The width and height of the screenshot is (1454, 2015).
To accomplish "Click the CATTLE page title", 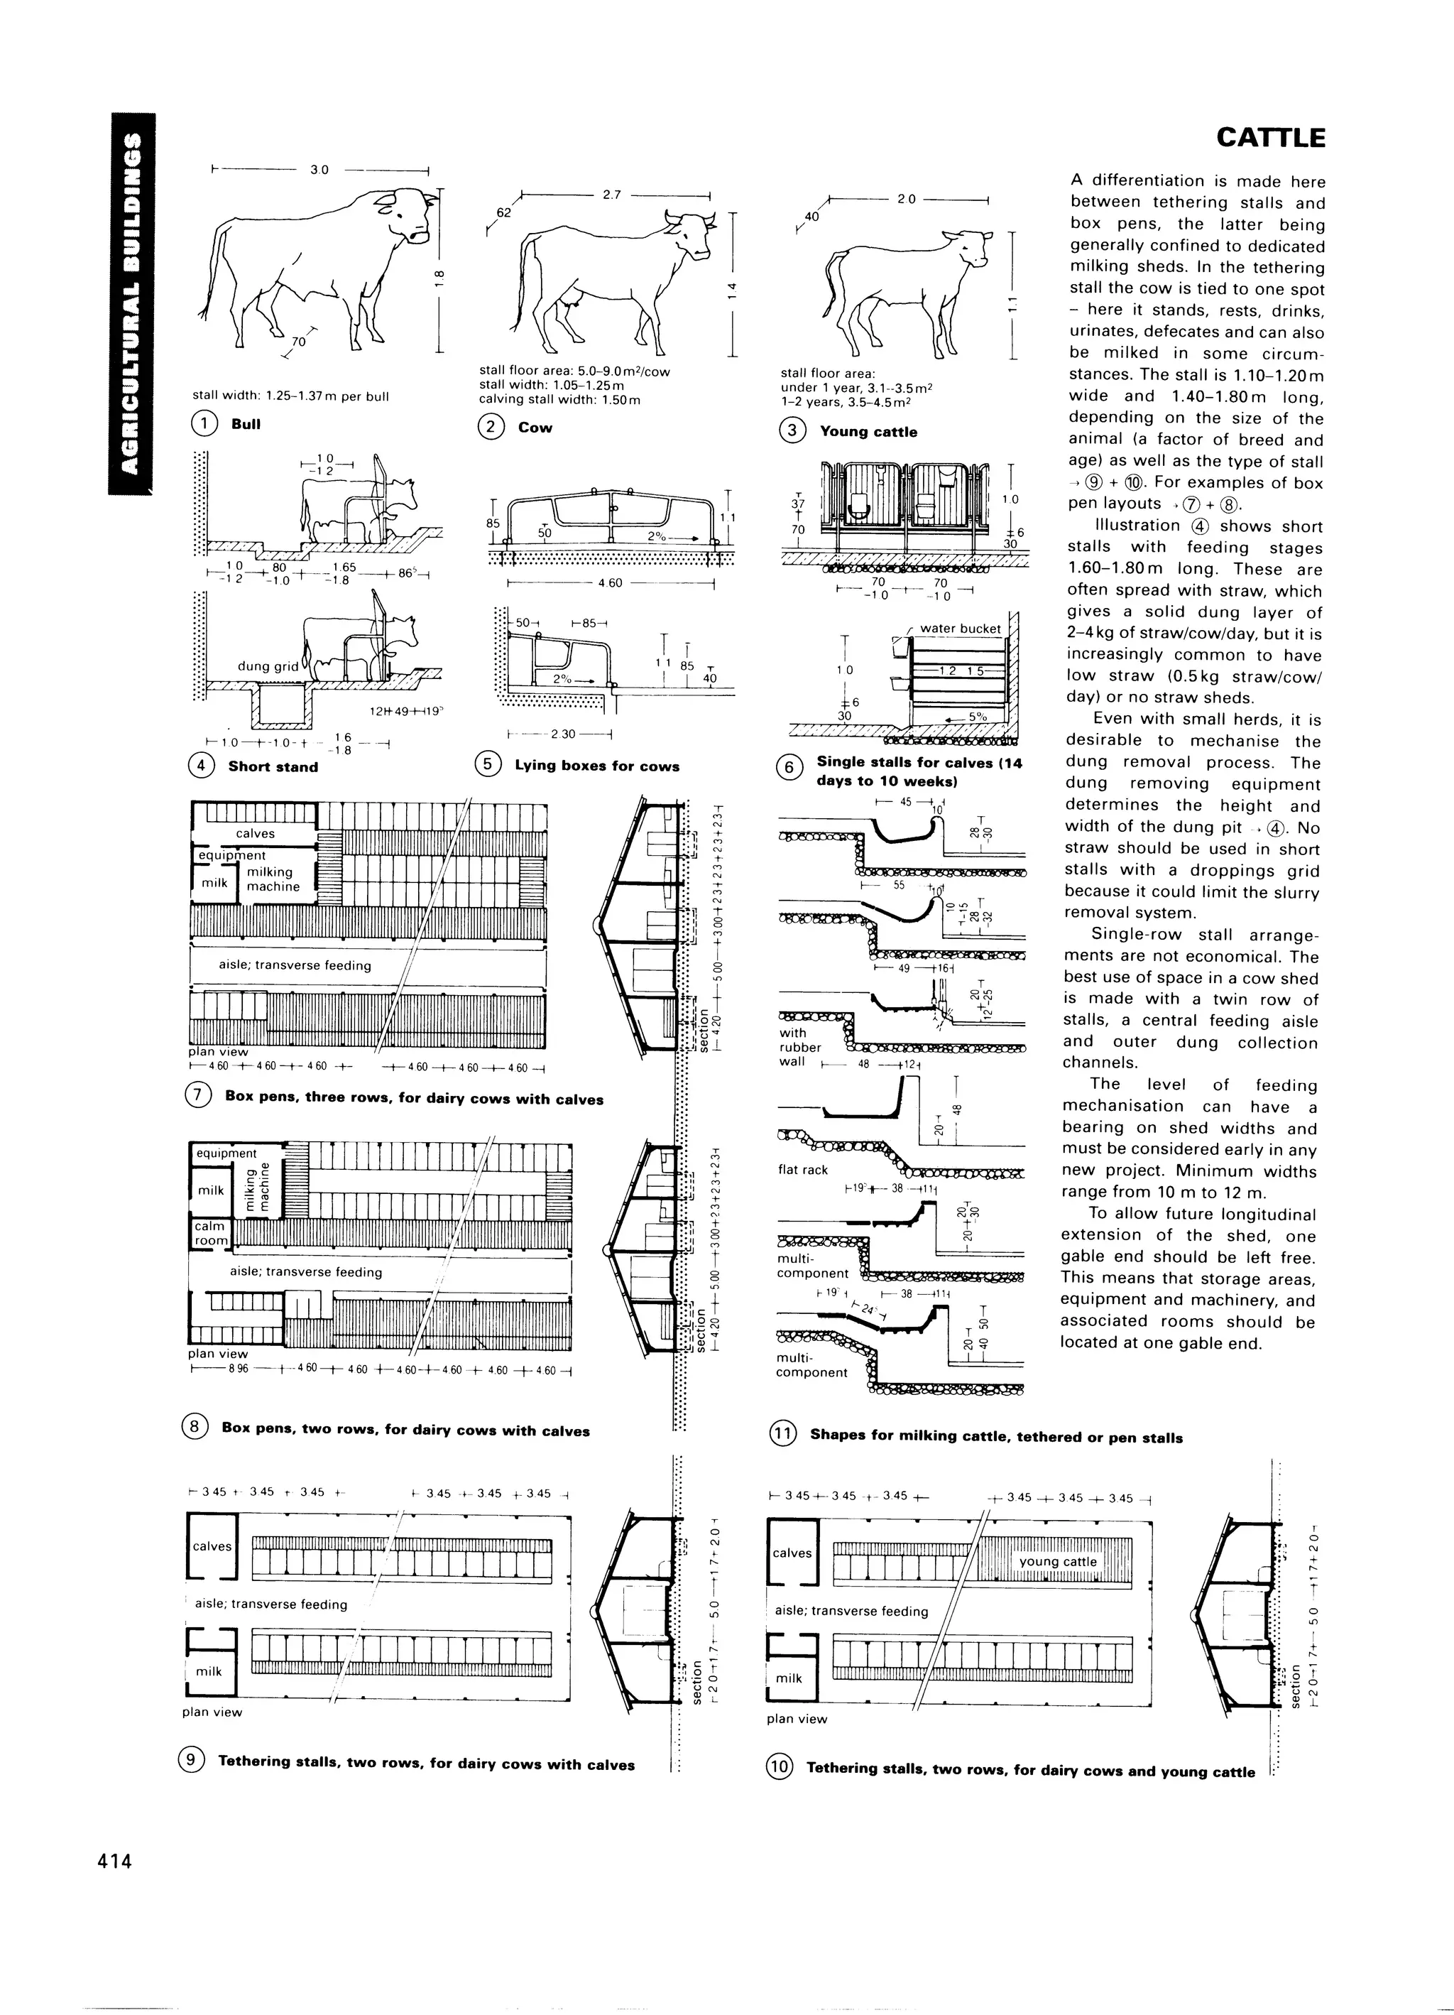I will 1270,138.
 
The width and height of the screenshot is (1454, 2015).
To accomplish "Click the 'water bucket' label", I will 960,628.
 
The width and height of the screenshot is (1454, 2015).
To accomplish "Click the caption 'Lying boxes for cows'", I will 597,766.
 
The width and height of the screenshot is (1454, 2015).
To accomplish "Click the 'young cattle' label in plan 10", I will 1058,1561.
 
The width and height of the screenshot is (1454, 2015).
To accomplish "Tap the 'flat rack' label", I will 803,1169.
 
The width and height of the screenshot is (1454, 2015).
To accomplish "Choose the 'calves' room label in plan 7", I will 255,833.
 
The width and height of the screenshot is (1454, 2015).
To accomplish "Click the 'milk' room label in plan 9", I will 209,1671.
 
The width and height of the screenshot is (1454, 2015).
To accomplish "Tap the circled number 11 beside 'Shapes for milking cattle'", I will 783,1434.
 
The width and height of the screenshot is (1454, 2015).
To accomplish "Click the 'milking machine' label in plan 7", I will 273,879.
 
